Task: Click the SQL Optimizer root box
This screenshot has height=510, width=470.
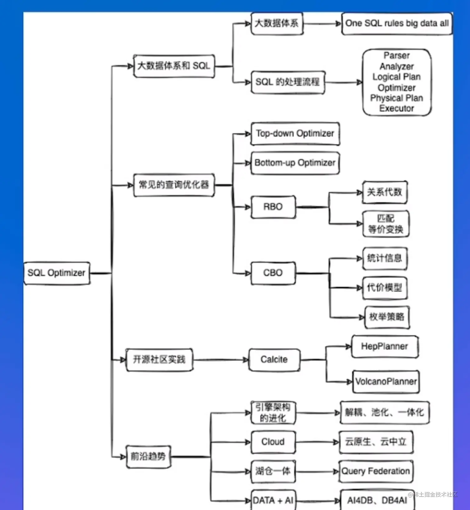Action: tap(57, 273)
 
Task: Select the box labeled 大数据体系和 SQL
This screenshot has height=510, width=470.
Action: tap(174, 66)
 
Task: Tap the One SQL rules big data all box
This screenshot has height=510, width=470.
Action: tap(397, 23)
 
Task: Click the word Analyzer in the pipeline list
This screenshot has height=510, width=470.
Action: tap(397, 66)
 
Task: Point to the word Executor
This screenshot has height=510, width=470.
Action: tap(397, 109)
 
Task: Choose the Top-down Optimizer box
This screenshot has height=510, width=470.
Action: tap(295, 133)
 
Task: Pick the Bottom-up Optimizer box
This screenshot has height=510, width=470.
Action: tap(295, 163)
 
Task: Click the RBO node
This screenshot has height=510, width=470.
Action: tap(273, 207)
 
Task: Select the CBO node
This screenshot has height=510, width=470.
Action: tap(273, 273)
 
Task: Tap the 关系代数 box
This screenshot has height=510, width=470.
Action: tap(385, 192)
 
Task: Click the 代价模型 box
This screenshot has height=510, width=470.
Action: tap(385, 288)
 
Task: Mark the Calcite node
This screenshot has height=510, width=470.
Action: tap(274, 359)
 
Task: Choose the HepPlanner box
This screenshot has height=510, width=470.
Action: tap(385, 346)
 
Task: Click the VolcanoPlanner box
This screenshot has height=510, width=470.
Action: tap(386, 381)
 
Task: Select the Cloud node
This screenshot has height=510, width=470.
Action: tap(273, 442)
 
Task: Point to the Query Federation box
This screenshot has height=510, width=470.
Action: tap(376, 471)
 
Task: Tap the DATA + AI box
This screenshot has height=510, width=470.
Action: tap(273, 500)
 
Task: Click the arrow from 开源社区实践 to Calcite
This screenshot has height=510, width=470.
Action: tap(220, 360)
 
